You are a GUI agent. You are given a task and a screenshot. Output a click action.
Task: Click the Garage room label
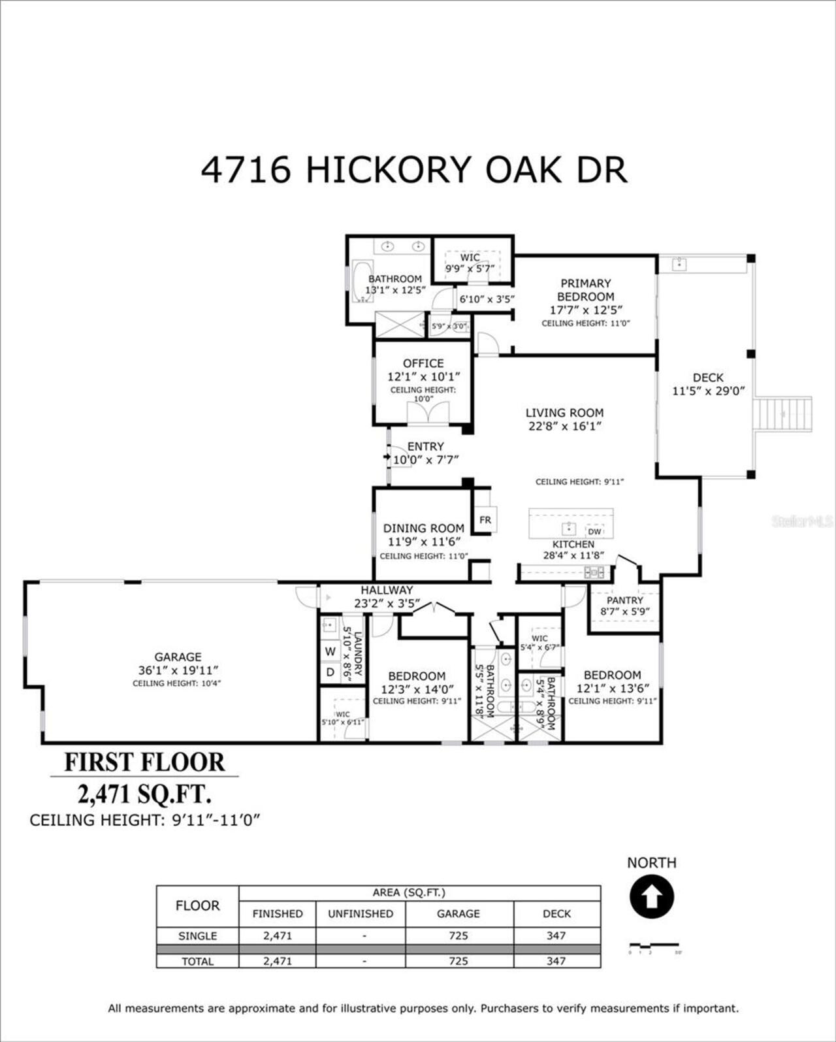point(178,657)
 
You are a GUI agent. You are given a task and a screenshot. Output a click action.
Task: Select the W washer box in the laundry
point(330,651)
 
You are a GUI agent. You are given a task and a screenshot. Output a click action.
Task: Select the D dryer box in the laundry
point(330,672)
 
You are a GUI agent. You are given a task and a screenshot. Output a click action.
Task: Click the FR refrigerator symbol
point(485,520)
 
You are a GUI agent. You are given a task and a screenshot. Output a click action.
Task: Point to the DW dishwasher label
point(594,532)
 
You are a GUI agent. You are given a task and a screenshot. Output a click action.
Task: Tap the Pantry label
point(624,600)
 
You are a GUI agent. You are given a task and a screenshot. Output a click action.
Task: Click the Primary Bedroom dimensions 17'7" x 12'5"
point(585,310)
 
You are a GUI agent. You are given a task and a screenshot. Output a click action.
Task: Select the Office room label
point(423,363)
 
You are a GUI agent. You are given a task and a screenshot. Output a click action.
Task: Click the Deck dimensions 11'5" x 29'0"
point(708,391)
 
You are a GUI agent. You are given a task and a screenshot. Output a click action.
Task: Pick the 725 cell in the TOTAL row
point(458,961)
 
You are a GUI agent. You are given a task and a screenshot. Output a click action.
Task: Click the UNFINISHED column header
point(361,914)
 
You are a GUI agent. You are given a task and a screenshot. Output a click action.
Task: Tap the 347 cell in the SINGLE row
point(556,936)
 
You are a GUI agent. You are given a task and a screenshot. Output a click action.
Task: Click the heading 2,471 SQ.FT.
point(144,795)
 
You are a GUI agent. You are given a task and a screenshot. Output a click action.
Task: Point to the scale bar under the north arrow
point(653,945)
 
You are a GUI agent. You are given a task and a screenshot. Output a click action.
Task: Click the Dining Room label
point(423,528)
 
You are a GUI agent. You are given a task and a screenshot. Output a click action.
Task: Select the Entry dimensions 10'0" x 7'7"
point(426,460)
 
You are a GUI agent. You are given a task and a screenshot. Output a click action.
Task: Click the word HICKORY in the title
point(388,171)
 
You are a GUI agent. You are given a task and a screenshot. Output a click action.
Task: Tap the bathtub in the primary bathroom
point(361,282)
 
